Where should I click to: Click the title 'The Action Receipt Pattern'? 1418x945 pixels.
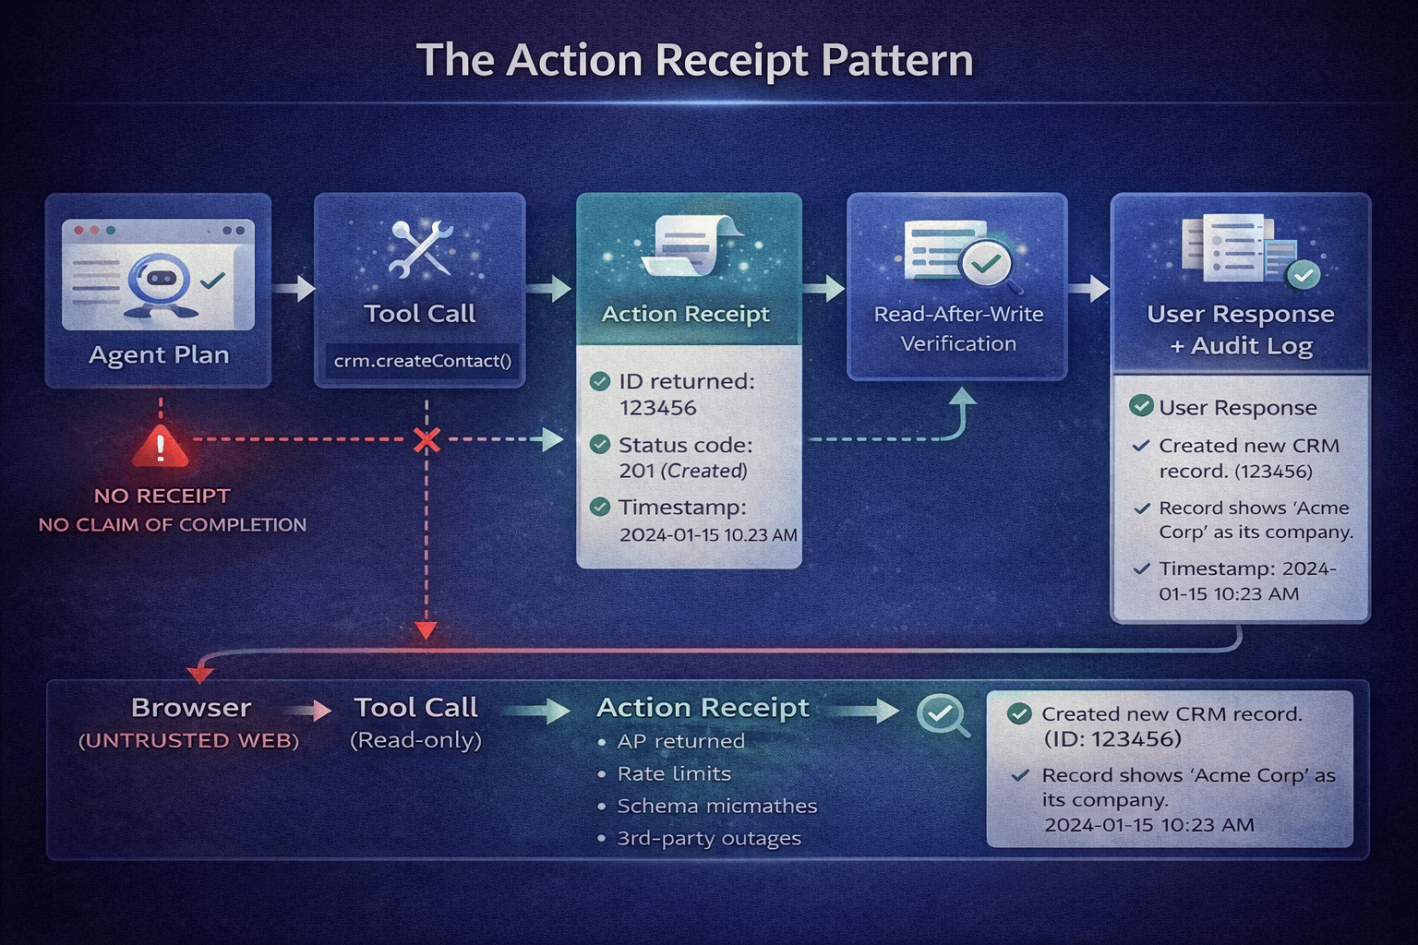(694, 61)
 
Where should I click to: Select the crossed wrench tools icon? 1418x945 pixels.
(420, 248)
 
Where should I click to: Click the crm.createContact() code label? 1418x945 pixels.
(422, 361)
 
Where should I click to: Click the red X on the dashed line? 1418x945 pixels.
(427, 440)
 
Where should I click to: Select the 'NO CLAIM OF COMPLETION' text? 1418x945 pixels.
(173, 524)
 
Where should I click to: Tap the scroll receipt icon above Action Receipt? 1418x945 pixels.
(691, 245)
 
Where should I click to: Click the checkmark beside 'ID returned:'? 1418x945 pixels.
(600, 381)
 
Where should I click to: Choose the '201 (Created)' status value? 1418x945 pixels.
(682, 471)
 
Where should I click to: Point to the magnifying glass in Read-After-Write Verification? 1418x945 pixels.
(986, 265)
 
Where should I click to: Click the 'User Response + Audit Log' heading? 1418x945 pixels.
(1240, 329)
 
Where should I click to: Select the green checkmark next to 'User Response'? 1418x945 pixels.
(1141, 406)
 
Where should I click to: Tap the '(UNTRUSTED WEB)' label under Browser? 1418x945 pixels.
(189, 740)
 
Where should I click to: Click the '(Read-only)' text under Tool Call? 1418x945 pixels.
(415, 740)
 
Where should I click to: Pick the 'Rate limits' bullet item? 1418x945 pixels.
(674, 773)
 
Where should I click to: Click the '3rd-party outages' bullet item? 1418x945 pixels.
(708, 838)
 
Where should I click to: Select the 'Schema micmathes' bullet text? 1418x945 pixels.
(716, 806)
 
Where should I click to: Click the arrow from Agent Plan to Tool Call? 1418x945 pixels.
(294, 289)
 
